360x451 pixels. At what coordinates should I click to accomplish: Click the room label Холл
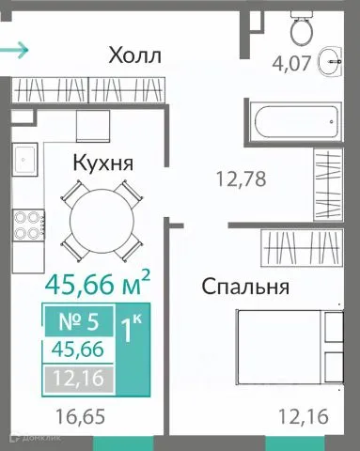point(135,54)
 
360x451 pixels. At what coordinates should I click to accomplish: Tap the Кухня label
point(102,163)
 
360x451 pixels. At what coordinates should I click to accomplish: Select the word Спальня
point(244,287)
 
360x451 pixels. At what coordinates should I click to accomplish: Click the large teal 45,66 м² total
point(98,281)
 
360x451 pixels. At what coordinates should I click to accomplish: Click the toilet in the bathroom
point(303,29)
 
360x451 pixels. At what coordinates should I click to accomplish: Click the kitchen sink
point(25,161)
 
